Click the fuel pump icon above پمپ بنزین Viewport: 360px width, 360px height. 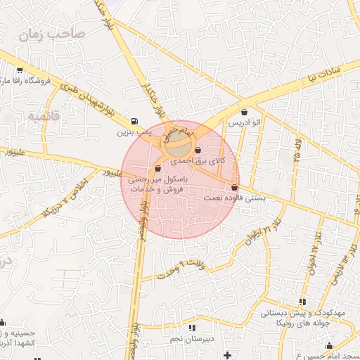click(134, 120)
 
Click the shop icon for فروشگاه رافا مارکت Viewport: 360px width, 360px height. click(19, 70)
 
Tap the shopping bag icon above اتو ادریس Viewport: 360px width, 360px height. click(244, 112)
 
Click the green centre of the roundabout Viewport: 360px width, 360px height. click(179, 148)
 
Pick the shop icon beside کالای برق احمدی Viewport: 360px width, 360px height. click(198, 150)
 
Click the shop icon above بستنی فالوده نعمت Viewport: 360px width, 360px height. click(234, 187)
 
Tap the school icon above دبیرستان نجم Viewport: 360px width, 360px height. click(192, 328)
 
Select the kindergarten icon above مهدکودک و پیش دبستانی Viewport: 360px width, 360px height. click(302, 302)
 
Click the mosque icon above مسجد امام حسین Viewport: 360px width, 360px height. click(329, 346)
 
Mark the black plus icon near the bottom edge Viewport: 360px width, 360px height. click(226, 356)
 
